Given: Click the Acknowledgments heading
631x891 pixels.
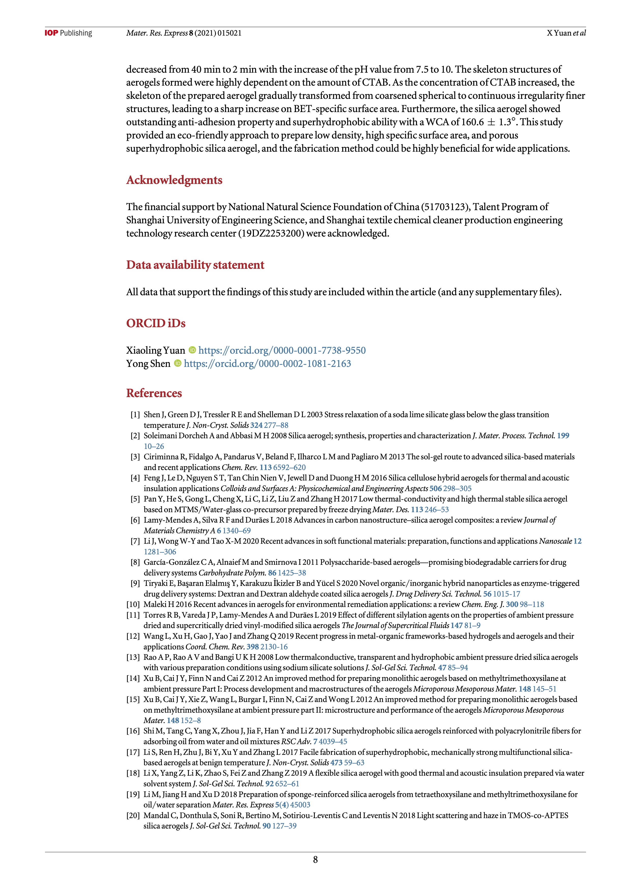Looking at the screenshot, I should pyautogui.click(x=174, y=180).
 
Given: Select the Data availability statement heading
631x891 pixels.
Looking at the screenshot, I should pyautogui.click(x=195, y=265).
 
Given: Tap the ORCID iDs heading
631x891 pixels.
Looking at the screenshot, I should pyautogui.click(x=155, y=323).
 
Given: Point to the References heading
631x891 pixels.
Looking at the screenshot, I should pyautogui.click(x=154, y=393).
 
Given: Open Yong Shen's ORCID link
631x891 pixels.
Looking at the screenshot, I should pyautogui.click(x=267, y=364).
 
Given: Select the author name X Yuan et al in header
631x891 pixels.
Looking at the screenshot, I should pyautogui.click(x=566, y=33).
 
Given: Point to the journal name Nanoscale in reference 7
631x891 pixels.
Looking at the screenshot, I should pyautogui.click(x=555, y=541).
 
